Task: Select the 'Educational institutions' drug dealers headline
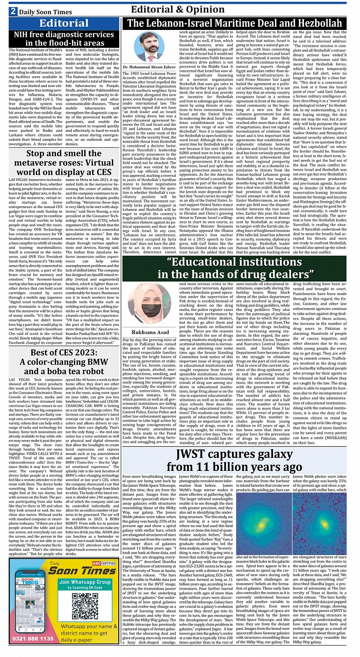(234, 268)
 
